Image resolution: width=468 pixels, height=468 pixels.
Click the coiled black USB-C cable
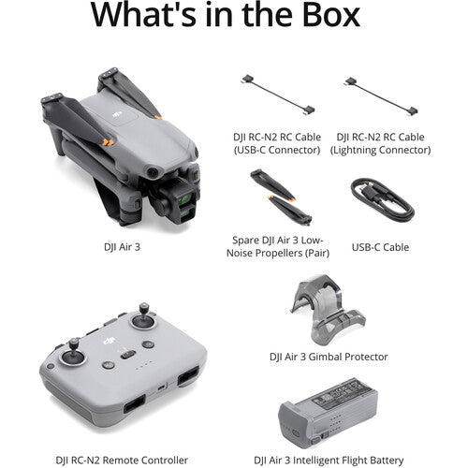(382, 198)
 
